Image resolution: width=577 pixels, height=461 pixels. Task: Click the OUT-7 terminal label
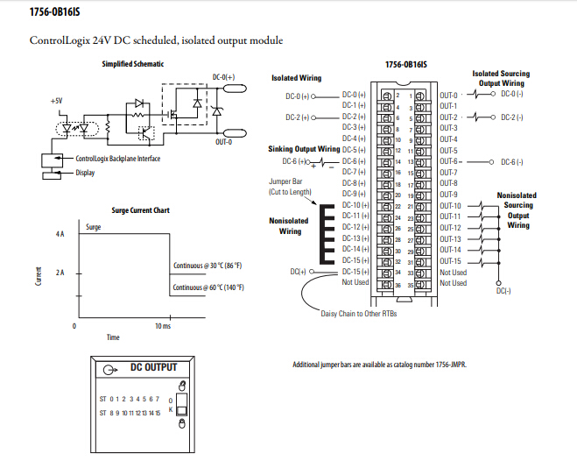pyautogui.click(x=448, y=173)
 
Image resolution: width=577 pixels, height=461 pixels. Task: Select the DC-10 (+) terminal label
pyautogui.click(x=355, y=205)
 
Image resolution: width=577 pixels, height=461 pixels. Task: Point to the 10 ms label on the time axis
pyautogui.click(x=163, y=326)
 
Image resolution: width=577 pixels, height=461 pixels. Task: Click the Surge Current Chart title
pyautogui.click(x=141, y=210)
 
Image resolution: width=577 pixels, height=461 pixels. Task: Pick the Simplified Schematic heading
pyautogui.click(x=133, y=64)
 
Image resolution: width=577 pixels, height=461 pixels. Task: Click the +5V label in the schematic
pyautogui.click(x=57, y=101)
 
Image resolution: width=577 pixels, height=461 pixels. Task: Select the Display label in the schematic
pyautogui.click(x=85, y=173)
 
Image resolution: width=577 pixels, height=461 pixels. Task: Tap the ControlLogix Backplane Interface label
pyautogui.click(x=117, y=159)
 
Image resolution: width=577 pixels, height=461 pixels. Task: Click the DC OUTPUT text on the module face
pyautogui.click(x=154, y=367)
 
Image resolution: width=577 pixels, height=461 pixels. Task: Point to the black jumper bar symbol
pyautogui.click(x=327, y=234)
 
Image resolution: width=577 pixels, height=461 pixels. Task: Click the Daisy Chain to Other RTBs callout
pyautogui.click(x=359, y=314)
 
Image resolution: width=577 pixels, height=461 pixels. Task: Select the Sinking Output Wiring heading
pyautogui.click(x=304, y=149)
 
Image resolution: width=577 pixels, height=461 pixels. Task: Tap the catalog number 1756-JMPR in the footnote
pyautogui.click(x=451, y=365)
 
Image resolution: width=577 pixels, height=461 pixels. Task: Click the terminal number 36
pyautogui.click(x=398, y=286)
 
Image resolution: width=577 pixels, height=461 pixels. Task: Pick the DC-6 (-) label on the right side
pyautogui.click(x=512, y=162)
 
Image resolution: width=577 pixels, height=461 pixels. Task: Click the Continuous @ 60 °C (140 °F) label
pyautogui.click(x=208, y=287)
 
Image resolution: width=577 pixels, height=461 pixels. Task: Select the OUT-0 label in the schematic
pyautogui.click(x=224, y=142)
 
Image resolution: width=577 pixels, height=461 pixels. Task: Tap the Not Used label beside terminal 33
pyautogui.click(x=454, y=273)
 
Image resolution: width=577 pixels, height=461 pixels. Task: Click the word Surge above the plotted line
pyautogui.click(x=93, y=227)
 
